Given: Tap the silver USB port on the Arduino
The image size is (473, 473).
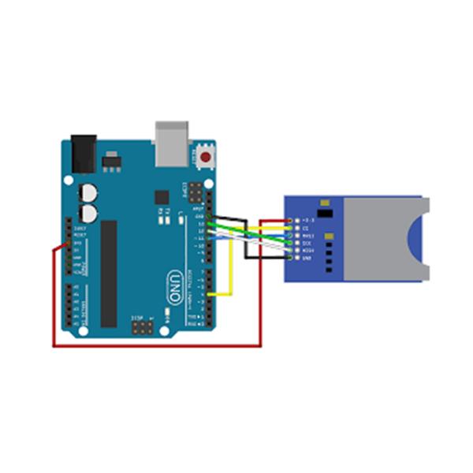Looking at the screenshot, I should [x=172, y=143].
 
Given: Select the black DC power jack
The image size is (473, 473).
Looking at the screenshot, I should [x=83, y=153].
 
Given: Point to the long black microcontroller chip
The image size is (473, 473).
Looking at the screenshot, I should [x=109, y=273].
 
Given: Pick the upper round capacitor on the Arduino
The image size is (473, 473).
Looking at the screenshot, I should [x=89, y=193].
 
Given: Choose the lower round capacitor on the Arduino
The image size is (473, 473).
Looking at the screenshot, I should [x=89, y=213].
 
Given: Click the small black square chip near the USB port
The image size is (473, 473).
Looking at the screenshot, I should [x=162, y=197].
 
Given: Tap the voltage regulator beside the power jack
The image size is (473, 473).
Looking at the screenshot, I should [x=110, y=162].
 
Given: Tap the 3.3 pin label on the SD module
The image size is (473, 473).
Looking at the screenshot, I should [x=306, y=220].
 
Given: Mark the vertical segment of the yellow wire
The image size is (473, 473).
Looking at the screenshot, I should [x=230, y=268].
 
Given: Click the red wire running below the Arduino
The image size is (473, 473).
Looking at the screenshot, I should [x=158, y=345].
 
